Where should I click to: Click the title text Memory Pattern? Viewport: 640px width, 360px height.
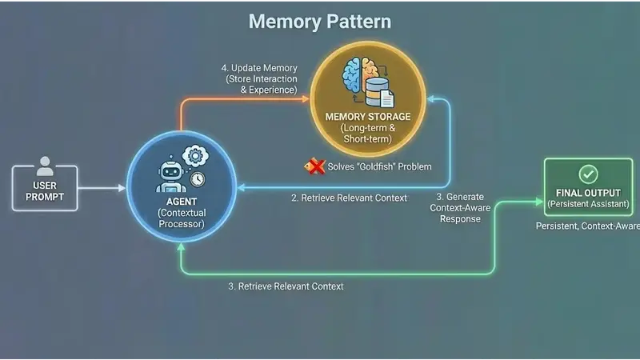point(319,20)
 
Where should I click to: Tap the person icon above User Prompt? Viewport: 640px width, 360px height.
point(45,166)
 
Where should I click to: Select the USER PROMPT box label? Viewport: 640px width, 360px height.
point(45,191)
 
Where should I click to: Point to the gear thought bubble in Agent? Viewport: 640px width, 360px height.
point(192,155)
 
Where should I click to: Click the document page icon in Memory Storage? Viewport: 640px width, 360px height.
point(386,98)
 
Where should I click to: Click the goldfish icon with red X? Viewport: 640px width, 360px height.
point(314,166)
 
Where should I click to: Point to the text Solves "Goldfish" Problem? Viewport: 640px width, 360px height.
point(380,166)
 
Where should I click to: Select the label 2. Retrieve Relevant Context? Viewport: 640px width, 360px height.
point(348,198)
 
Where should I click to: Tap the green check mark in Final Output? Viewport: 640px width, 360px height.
point(587,174)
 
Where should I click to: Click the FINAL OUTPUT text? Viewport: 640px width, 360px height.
point(587,193)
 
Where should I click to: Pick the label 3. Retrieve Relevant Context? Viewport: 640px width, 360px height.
point(286,286)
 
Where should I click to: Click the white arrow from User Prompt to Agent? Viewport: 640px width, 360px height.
point(102,189)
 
